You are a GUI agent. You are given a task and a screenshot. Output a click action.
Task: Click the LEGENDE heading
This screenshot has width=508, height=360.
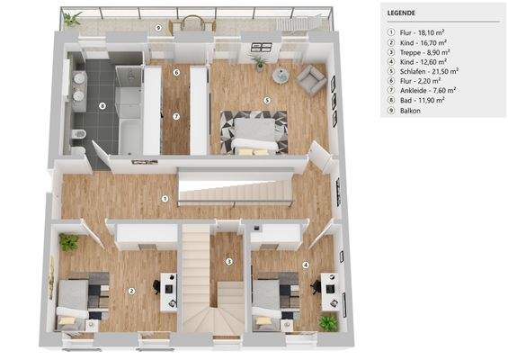(x=400, y=13)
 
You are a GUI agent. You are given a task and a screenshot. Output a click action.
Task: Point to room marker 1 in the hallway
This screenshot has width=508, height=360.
(x=165, y=198)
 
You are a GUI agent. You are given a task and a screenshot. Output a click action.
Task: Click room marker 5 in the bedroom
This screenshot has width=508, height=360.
(x=267, y=100)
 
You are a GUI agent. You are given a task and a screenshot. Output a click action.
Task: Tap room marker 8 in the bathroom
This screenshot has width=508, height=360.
(x=102, y=107)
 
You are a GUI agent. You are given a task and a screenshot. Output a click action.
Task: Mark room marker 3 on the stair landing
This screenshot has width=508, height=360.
(x=229, y=262)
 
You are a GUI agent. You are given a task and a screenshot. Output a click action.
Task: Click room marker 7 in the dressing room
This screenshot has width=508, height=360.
(x=175, y=115)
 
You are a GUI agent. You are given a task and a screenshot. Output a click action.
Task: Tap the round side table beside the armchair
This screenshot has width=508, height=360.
(x=281, y=75)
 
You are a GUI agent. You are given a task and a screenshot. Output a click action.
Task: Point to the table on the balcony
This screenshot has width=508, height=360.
(x=187, y=24)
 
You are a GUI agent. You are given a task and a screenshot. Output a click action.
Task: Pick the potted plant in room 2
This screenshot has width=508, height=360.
(x=68, y=242)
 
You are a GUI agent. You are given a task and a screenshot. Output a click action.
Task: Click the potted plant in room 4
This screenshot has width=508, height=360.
(x=327, y=321)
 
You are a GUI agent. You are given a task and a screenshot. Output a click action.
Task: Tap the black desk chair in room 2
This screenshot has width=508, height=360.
(x=155, y=286)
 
